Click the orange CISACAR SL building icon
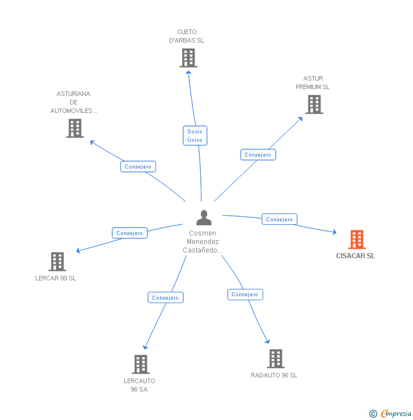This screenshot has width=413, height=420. click(357, 240)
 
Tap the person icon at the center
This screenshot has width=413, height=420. click(203, 217)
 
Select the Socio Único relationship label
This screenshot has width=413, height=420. click(195, 136)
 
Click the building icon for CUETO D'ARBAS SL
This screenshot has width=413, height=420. click(188, 58)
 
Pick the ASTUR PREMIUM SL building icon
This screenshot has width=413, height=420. click(314, 104)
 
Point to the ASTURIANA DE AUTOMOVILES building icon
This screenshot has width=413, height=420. click(75, 128)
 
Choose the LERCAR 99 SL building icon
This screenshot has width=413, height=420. click(57, 262)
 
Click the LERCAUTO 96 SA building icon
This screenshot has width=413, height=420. click(140, 364)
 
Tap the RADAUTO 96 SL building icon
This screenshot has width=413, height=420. click(275, 359)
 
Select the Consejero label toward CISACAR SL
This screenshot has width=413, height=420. click(279, 219)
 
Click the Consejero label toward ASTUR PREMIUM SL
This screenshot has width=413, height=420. click(258, 154)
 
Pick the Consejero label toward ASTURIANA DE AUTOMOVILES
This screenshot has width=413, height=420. click(138, 167)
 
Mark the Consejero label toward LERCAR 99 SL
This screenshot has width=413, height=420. click(129, 233)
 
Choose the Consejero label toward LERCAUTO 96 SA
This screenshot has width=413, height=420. click(166, 297)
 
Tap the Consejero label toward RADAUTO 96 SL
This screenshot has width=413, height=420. click(245, 295)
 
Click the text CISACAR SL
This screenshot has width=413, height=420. click(355, 256)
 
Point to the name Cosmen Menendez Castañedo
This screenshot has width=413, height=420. click(203, 242)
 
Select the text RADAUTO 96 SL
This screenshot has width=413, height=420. click(274, 375)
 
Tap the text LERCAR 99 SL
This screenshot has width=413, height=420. click(56, 278)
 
